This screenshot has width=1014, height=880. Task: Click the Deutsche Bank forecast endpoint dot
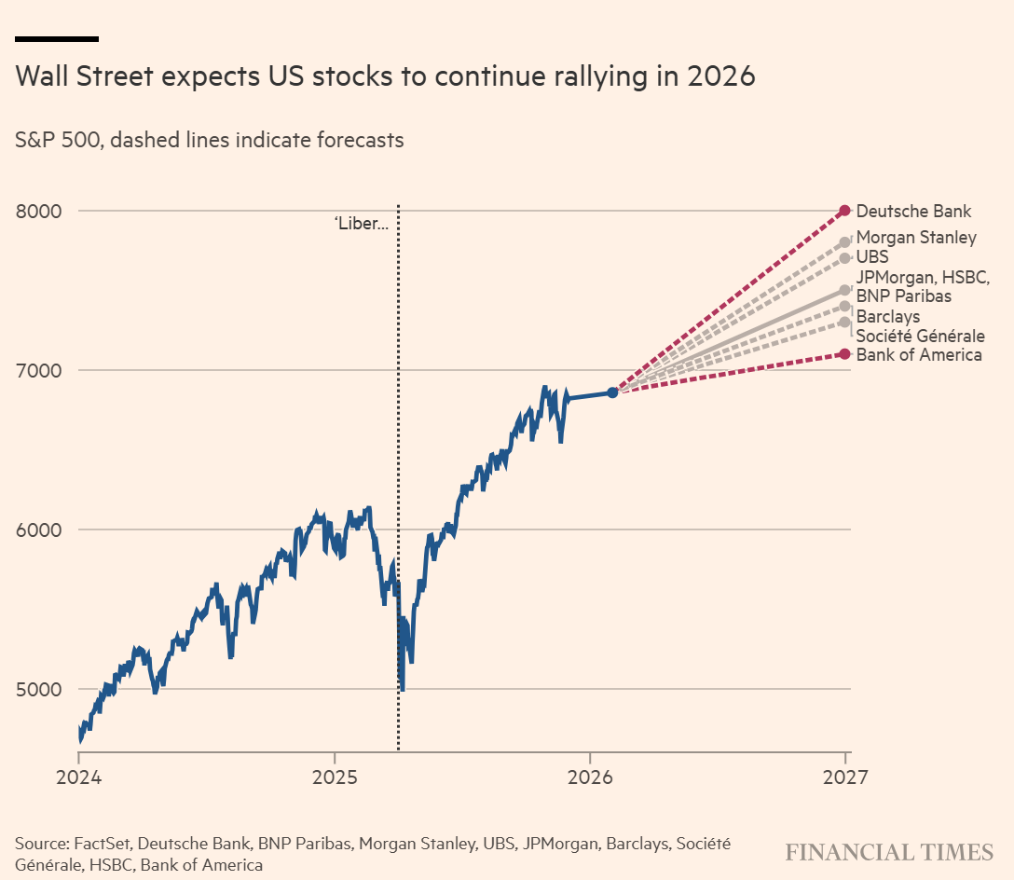pos(844,210)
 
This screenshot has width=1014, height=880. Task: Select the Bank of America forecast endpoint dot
pos(844,353)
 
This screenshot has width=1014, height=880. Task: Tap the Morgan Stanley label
pos(916,237)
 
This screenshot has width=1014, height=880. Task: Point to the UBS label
pos(872,256)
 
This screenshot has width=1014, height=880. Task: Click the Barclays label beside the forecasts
pos(888,317)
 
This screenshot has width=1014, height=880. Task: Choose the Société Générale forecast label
pos(920,336)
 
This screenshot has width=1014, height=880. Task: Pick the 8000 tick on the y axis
pos(38,211)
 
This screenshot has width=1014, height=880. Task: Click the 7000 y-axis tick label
pos(38,370)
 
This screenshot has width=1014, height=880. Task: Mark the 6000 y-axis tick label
pos(38,529)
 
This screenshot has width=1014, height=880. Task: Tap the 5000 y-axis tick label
pos(38,689)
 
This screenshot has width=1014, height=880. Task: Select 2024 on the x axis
pos(77,777)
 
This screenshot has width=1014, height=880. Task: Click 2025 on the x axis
pos(334,777)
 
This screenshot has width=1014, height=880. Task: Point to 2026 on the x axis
pos(589,777)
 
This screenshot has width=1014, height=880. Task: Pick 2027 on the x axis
pos(844,777)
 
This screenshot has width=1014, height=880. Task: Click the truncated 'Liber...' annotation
pos(361,224)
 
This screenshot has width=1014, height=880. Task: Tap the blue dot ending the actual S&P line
pos(612,392)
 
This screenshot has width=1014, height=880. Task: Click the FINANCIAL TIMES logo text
pos(889,852)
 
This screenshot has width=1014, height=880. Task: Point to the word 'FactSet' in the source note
pos(100,844)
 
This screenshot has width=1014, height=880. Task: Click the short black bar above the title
pos(57,39)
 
